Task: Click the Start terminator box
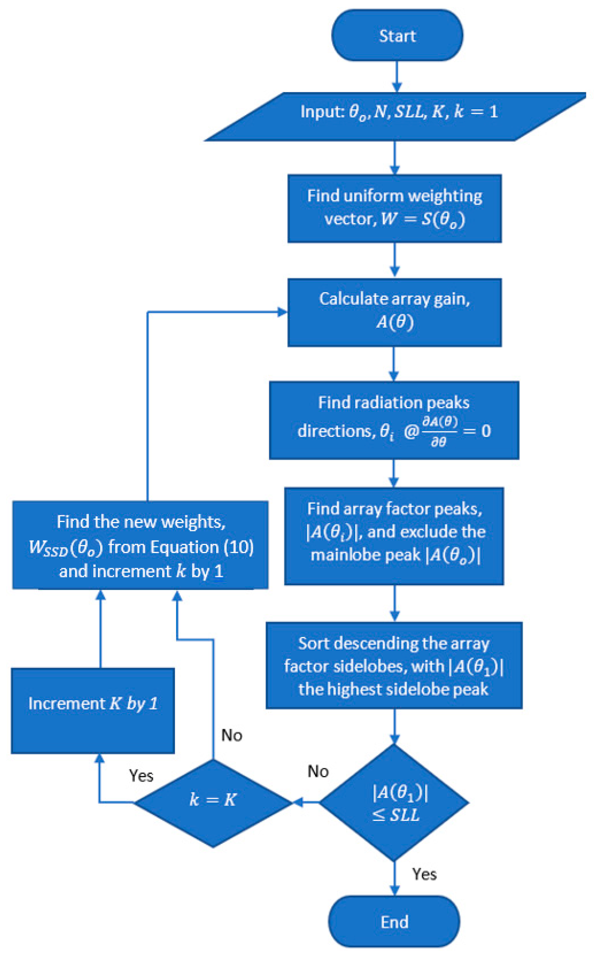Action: (397, 35)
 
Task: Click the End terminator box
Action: (394, 921)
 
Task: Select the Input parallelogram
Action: (395, 117)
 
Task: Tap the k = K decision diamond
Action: (213, 803)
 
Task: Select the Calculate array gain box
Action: (394, 313)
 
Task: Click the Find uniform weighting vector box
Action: (394, 208)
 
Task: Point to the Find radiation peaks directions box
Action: (394, 420)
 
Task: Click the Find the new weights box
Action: (140, 545)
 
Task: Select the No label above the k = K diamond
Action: (232, 735)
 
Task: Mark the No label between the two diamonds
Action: (318, 771)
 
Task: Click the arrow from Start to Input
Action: (397, 77)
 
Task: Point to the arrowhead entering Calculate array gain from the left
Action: (282, 312)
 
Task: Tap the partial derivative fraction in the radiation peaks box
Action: (439, 432)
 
